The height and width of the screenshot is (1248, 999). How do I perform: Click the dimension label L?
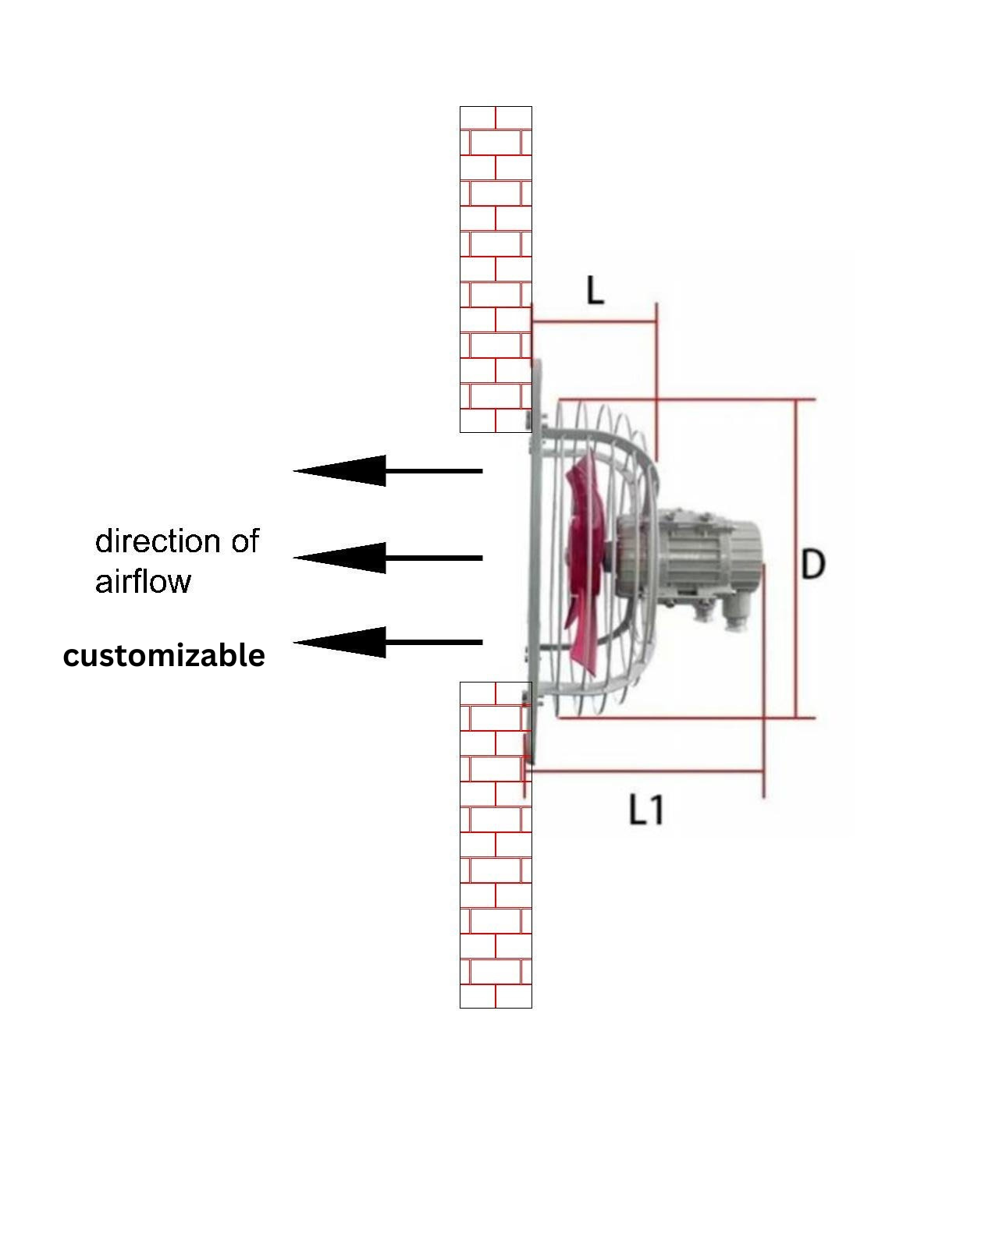[595, 291]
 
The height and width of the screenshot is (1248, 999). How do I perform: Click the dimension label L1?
[646, 810]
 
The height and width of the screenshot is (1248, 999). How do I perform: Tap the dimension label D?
[812, 563]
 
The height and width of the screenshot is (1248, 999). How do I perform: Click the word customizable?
[164, 655]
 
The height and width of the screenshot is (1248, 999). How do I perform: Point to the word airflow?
[143, 582]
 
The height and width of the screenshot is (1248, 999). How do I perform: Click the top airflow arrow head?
[343, 470]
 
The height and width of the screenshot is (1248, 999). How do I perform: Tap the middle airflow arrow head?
[343, 558]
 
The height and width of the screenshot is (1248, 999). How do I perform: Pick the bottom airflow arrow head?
[343, 642]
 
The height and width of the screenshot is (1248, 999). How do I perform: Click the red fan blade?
[584, 562]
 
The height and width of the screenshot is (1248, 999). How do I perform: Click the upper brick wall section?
[496, 269]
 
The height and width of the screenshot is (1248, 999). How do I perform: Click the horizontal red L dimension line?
[593, 321]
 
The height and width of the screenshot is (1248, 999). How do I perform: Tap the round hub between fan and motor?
[632, 556]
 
